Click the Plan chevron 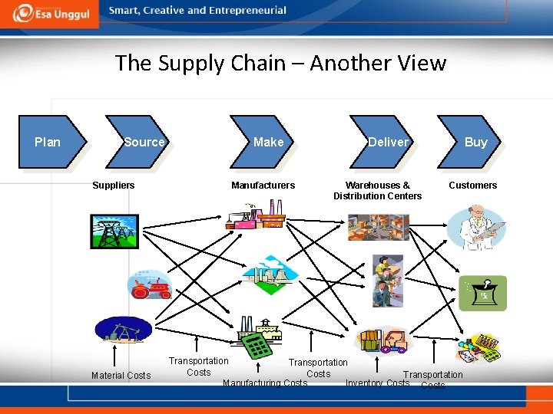(50, 142)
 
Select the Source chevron (143, 142)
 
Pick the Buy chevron (474, 142)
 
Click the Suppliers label (113, 186)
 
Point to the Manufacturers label (263, 186)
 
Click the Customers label (472, 186)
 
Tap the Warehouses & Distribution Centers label (377, 191)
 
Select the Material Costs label (121, 376)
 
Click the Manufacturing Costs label (264, 383)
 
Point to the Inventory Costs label (377, 383)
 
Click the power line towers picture (114, 232)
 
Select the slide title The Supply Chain (280, 63)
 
